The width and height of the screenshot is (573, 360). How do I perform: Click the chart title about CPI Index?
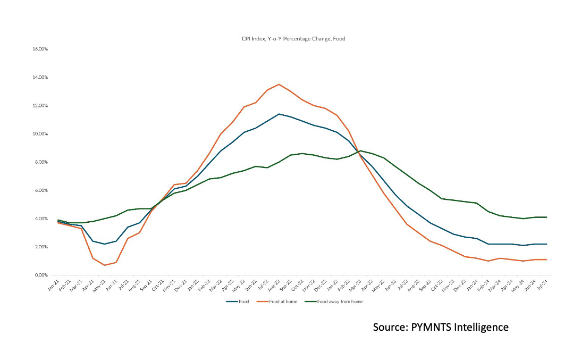[294, 39]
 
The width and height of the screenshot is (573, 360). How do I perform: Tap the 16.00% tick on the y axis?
[40, 49]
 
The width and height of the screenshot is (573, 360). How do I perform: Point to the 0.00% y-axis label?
[41, 275]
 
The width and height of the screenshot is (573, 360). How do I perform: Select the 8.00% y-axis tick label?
[41, 162]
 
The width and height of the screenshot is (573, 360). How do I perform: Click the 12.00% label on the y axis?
[40, 105]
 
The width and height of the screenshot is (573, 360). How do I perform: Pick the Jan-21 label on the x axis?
[53, 284]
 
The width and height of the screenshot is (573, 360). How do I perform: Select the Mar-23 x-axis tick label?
[355, 284]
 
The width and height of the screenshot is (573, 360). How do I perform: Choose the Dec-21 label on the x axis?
[180, 284]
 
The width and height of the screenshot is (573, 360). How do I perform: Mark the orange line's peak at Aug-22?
[279, 84]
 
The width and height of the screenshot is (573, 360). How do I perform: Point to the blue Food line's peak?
[279, 114]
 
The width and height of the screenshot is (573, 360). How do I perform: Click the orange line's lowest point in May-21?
[105, 265]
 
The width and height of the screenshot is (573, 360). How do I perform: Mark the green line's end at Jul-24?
[547, 217]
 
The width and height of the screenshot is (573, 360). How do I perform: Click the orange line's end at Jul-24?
[547, 259]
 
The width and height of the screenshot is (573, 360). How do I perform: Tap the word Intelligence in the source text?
[482, 326]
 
